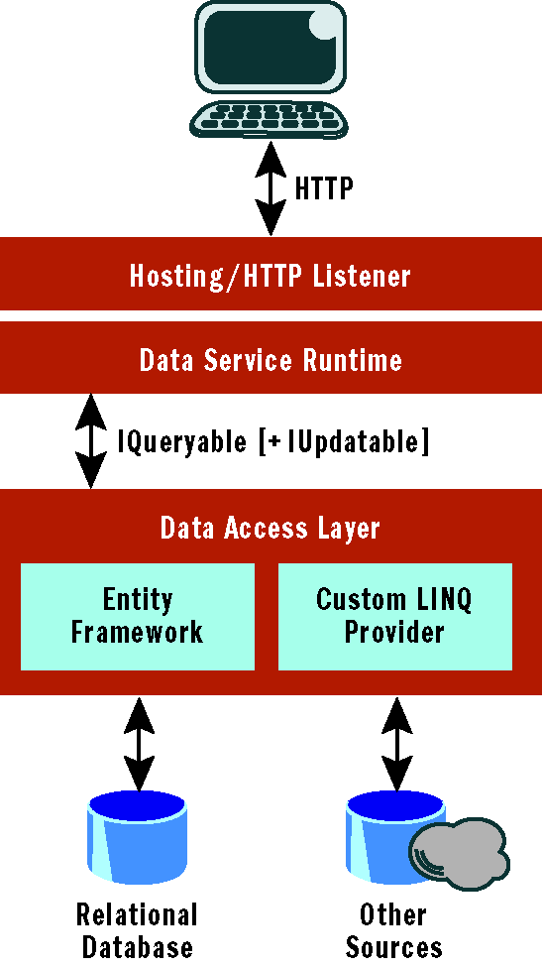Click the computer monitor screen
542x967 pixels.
point(270,51)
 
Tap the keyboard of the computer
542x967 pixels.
point(269,119)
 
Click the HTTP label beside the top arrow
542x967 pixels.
point(324,188)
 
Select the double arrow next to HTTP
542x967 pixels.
point(271,188)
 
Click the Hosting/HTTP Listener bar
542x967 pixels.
point(271,274)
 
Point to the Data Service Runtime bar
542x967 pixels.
point(271,357)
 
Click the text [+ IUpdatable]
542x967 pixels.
point(344,441)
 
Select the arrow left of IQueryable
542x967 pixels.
point(90,441)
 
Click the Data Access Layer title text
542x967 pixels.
point(271,529)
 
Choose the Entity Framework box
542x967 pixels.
point(138,616)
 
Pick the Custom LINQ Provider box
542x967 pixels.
point(394,616)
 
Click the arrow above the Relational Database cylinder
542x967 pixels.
point(139,744)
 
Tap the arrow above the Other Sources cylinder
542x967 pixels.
point(396,744)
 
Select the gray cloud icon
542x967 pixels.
point(460,854)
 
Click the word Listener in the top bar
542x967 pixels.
point(361,276)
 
